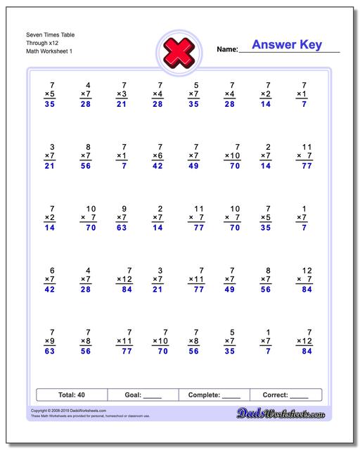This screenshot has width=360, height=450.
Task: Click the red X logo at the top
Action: pyautogui.click(x=180, y=51)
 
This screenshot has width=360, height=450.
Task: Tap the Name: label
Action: pyautogui.click(x=227, y=50)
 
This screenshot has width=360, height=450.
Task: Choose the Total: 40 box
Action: pyautogui.click(x=71, y=395)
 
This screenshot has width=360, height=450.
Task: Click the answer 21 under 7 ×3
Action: pyautogui.click(x=121, y=104)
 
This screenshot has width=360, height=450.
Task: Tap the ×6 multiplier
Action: pyautogui.click(x=157, y=155)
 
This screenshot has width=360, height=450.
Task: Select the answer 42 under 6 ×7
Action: pyautogui.click(x=49, y=289)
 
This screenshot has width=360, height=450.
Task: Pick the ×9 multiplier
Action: pyautogui.click(x=49, y=342)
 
